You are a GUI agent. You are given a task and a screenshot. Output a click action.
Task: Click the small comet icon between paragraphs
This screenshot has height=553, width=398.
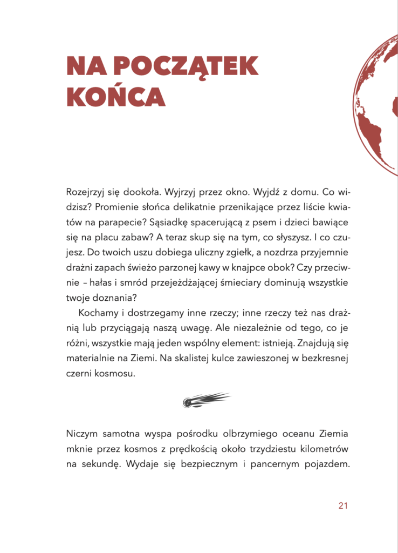coord(207,400)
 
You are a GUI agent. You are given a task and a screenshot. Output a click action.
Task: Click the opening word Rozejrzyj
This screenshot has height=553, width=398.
coord(87,192)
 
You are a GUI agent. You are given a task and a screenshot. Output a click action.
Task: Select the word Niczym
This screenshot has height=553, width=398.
coord(81,434)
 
